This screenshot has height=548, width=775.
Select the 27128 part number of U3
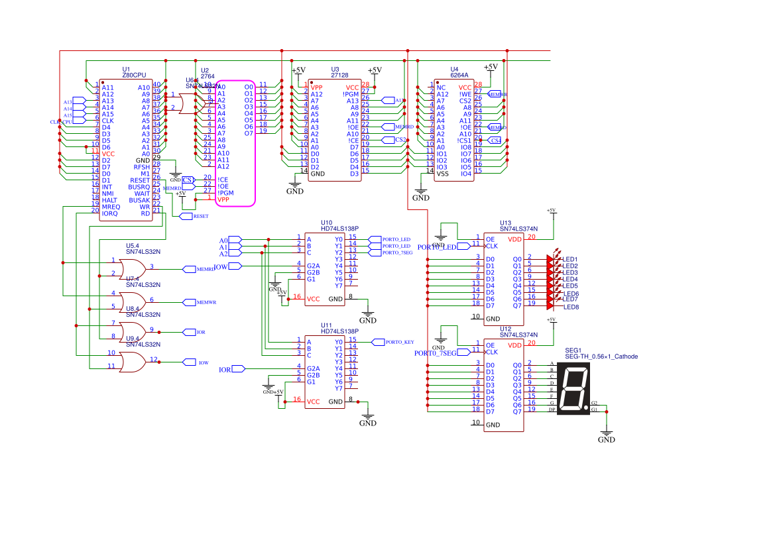[335, 76]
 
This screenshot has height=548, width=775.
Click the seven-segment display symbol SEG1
[573, 390]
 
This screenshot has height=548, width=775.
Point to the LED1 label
[570, 259]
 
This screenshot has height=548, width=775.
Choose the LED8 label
[571, 307]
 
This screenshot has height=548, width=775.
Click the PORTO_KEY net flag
[399, 342]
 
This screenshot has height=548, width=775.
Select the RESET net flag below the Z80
[200, 216]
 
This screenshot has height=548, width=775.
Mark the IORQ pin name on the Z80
[109, 213]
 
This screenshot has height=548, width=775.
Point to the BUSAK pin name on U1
[139, 200]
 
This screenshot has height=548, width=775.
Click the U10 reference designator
[327, 223]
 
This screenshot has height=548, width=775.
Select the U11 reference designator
[327, 325]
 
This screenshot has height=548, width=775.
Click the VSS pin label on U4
[443, 174]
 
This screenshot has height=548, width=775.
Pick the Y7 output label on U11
[338, 388]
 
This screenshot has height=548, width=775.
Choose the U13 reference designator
[505, 223]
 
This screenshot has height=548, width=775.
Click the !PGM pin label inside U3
[351, 94]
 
